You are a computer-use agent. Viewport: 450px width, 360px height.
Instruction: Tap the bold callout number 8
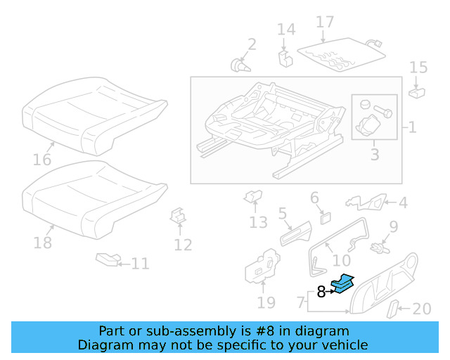click(321, 292)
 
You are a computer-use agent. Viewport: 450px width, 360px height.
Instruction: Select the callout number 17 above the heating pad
click(325, 22)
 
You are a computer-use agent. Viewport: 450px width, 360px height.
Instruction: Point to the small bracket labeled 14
click(285, 56)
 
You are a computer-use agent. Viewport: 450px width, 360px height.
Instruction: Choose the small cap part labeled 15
click(416, 91)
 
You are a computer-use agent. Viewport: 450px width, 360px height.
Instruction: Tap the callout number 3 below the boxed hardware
click(374, 153)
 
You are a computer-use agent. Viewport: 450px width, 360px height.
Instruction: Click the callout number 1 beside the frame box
click(412, 127)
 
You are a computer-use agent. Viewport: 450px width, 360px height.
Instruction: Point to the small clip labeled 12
click(179, 217)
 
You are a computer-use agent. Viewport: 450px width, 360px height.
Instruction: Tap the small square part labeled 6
click(326, 216)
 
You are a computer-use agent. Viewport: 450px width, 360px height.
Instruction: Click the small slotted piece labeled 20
click(395, 309)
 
